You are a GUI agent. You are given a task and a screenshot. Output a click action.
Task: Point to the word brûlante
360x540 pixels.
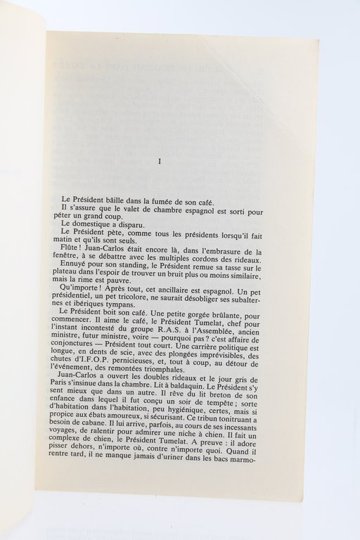click(239, 315)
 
